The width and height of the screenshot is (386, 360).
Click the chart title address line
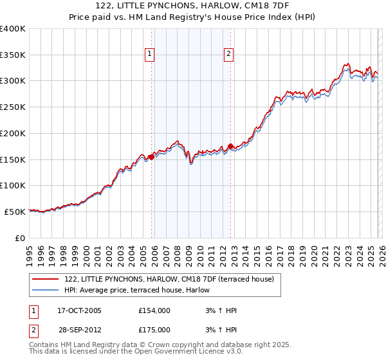[193, 6]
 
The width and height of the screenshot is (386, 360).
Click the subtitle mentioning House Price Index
[193, 17]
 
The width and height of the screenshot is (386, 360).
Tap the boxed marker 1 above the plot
[149, 55]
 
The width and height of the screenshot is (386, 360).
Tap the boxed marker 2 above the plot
[228, 55]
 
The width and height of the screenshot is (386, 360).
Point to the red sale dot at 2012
[230, 146]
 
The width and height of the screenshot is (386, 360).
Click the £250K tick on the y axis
[13, 107]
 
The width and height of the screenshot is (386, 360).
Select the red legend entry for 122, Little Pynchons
[169, 279]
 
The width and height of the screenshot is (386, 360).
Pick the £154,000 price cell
[154, 310]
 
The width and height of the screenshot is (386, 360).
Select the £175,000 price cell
[154, 330]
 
